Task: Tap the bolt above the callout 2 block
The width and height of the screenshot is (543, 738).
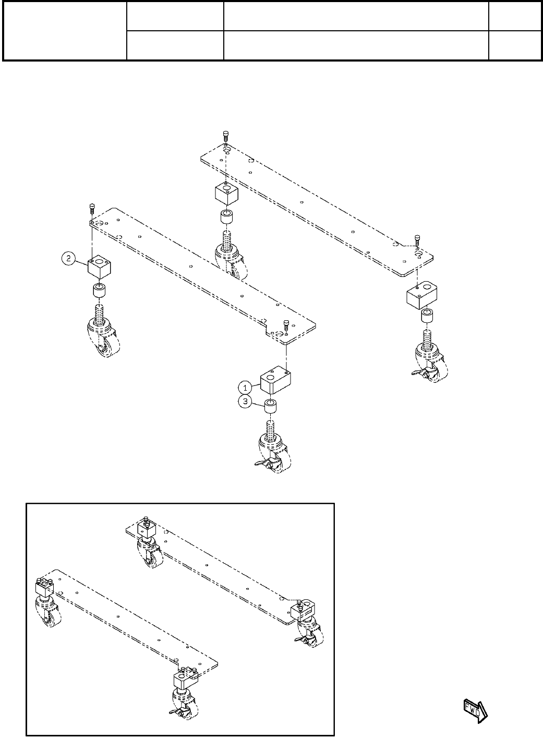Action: coord(92,209)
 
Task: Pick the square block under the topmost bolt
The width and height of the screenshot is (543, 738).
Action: coord(227,194)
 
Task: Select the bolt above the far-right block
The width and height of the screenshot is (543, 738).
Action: coord(418,239)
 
